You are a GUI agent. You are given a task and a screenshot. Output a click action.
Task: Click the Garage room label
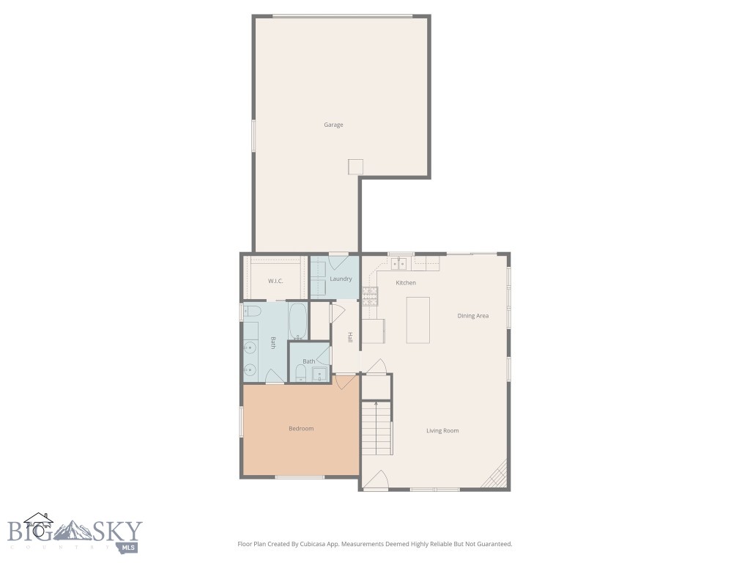[333, 125]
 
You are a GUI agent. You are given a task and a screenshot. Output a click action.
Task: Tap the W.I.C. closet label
[275, 281]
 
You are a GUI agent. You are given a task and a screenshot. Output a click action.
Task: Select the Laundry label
[341, 279]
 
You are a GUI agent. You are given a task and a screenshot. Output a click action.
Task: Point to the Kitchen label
[406, 282]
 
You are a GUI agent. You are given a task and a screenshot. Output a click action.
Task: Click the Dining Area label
[472, 316]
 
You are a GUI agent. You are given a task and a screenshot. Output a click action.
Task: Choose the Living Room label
[442, 430]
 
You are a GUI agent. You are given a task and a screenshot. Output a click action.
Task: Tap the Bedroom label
[300, 428]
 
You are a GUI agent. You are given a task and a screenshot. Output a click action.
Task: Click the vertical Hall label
[350, 338]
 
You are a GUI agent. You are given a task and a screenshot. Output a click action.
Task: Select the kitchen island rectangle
[418, 319]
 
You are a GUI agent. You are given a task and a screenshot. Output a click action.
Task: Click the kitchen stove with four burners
[370, 295]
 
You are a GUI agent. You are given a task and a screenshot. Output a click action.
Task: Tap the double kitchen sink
[399, 263]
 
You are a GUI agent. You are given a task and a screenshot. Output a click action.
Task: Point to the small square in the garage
[356, 167]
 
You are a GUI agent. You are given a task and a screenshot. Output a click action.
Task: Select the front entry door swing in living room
[376, 480]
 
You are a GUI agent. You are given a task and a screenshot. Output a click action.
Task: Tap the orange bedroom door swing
[345, 382]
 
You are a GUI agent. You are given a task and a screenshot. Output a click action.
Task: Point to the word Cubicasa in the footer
[308, 544]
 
